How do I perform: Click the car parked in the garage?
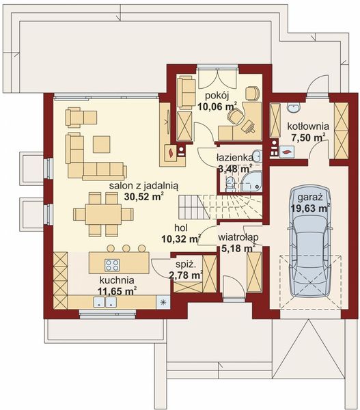pyautogui.click(x=310, y=241)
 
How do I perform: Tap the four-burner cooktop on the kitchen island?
pyautogui.click(x=112, y=265)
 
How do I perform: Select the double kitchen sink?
pyautogui.click(x=105, y=302)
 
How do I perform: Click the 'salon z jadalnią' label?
pyautogui.click(x=143, y=186)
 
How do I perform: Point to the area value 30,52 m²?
pyautogui.click(x=144, y=196)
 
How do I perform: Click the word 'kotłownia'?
pyautogui.click(x=308, y=126)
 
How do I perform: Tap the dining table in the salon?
pyautogui.click(x=103, y=214)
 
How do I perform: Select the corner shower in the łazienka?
pyautogui.click(x=251, y=182)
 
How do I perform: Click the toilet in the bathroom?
pyautogui.click(x=230, y=183)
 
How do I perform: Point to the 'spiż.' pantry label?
pyautogui.click(x=186, y=264)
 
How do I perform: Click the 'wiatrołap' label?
pyautogui.click(x=238, y=237)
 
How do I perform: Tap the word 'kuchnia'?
pyautogui.click(x=117, y=280)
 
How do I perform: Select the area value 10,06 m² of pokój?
pyautogui.click(x=217, y=107)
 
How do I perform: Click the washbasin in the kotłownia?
pyautogui.click(x=294, y=107)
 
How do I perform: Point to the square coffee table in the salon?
pyautogui.click(x=101, y=144)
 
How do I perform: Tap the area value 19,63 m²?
pyautogui.click(x=310, y=208)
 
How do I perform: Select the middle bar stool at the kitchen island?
pyautogui.click(x=126, y=248)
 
